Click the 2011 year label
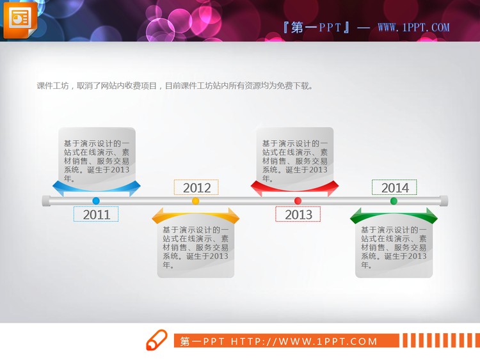[x=97, y=214]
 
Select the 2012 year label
[x=196, y=187]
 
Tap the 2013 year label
[x=298, y=214]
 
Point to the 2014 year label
[x=395, y=187]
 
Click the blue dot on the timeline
[x=96, y=201]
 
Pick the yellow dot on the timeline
[x=196, y=201]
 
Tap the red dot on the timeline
[x=298, y=201]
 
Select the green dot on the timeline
[x=394, y=201]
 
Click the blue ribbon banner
[x=96, y=188]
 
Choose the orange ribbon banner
[x=196, y=217]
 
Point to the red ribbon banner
[x=295, y=187]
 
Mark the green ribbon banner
[x=394, y=216]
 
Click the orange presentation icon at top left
[x=20, y=19]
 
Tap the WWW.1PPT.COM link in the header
[x=413, y=27]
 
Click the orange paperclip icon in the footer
[x=156, y=341]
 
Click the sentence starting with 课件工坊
[x=175, y=86]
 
